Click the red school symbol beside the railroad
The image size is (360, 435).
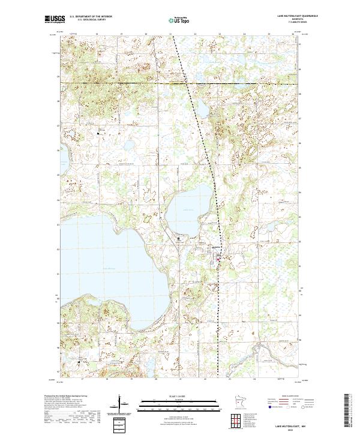(218, 259)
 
